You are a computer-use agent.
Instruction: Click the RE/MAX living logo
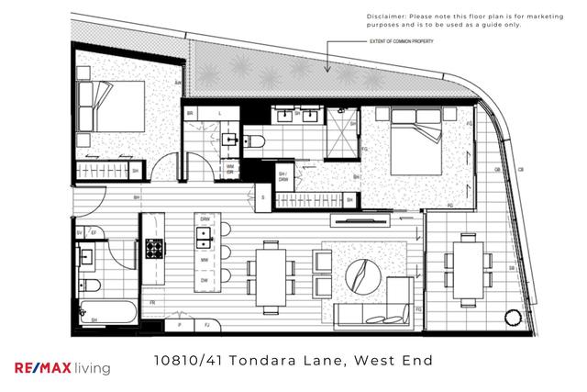[63, 367]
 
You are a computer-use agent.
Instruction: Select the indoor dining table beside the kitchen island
[271, 274]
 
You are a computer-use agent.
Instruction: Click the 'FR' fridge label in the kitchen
[152, 302]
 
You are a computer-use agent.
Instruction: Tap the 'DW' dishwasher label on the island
[205, 280]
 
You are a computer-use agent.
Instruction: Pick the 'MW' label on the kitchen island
[205, 261]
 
